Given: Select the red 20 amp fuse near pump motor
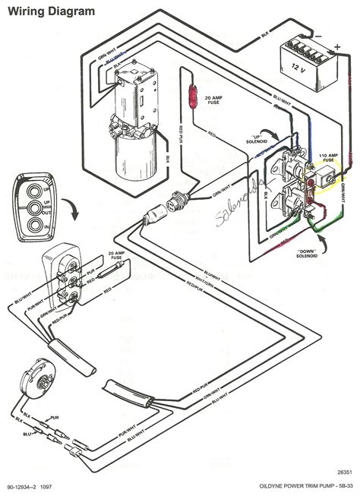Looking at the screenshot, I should point(193,97).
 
